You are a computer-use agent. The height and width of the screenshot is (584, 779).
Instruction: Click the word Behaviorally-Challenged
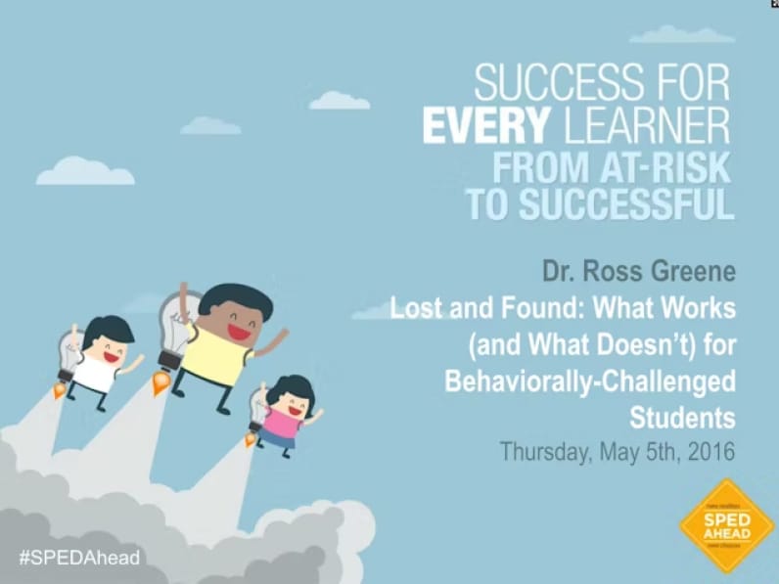click(589, 381)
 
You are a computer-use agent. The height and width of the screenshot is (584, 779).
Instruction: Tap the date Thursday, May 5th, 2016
click(617, 453)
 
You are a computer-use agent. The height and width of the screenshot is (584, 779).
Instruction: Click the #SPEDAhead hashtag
click(79, 558)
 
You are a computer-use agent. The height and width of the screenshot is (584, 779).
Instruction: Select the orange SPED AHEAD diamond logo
click(726, 525)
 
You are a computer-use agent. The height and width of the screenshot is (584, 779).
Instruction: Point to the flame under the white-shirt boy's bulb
click(60, 390)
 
